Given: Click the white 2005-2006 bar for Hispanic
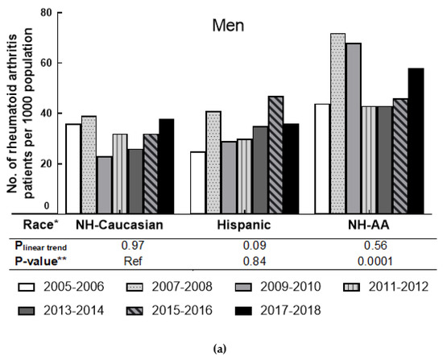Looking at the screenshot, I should click(198, 181).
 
